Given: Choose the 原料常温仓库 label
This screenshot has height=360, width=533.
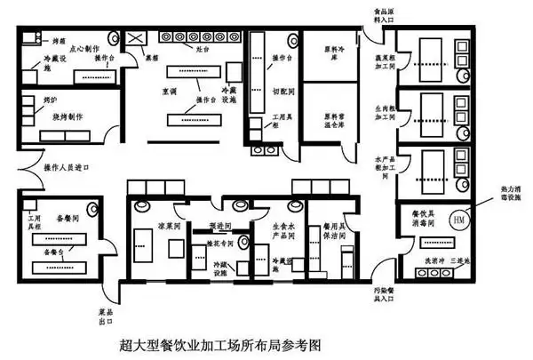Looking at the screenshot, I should [333, 117].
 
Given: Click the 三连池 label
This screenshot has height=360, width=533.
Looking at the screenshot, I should [461, 260].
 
